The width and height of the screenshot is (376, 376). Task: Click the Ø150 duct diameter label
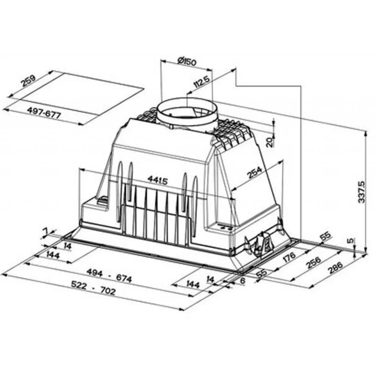[187, 62]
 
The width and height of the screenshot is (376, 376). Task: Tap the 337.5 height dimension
[362, 192]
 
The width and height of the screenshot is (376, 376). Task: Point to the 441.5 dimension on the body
[158, 180]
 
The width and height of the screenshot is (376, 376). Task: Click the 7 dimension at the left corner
[46, 231]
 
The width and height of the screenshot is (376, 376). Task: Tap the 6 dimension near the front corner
[242, 281]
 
